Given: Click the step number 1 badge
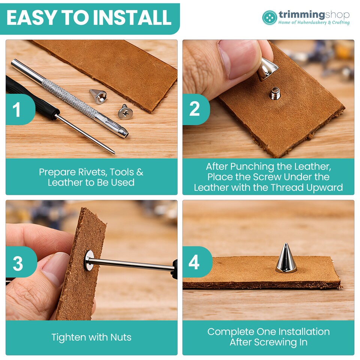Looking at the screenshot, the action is tap(19, 109).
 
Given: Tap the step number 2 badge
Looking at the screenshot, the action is tap(196, 109).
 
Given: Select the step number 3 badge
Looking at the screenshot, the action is tap(21, 262).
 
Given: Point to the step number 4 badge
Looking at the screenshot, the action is tap(197, 262).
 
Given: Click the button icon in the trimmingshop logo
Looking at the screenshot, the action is tap(270, 18).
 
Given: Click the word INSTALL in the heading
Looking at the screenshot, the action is tap(133, 18).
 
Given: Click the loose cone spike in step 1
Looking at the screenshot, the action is tap(98, 96).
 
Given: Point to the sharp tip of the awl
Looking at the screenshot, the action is tap(114, 153).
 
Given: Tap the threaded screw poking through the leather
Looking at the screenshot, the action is tap(274, 93).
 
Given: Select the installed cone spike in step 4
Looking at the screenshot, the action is tap(286, 258).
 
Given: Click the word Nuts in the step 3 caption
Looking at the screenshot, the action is tap(121, 337).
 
